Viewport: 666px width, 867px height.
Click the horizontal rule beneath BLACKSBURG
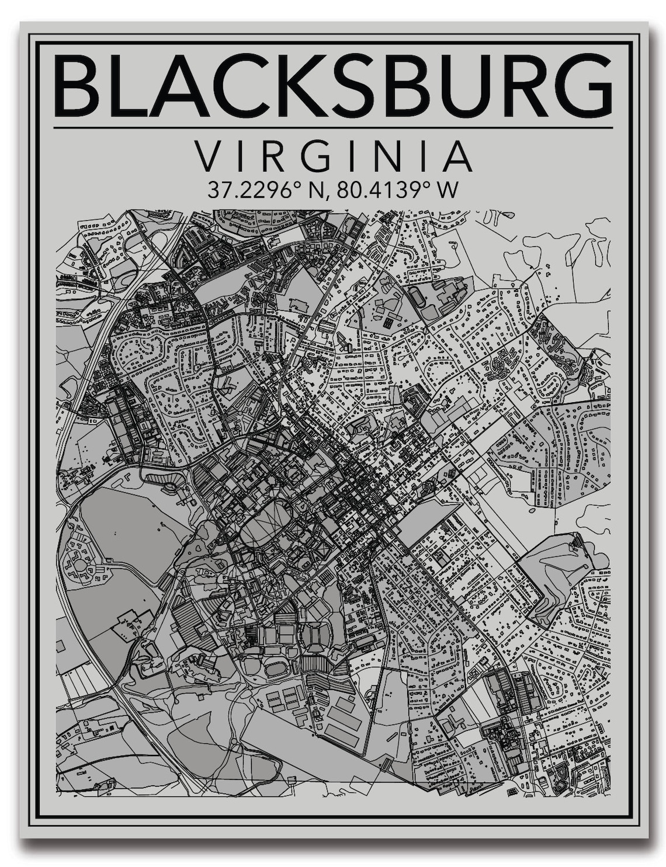333,127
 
